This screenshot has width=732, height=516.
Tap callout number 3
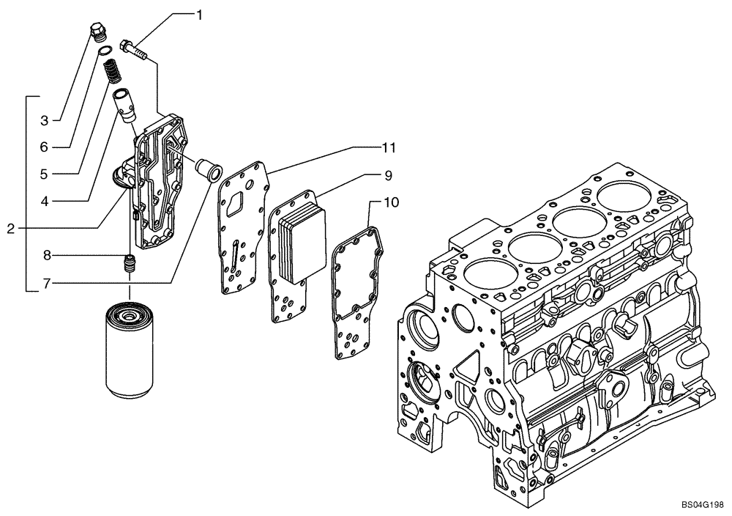45,119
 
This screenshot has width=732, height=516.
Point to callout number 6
45,147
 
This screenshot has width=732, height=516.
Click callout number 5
45,174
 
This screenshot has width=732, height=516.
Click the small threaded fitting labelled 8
130,265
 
